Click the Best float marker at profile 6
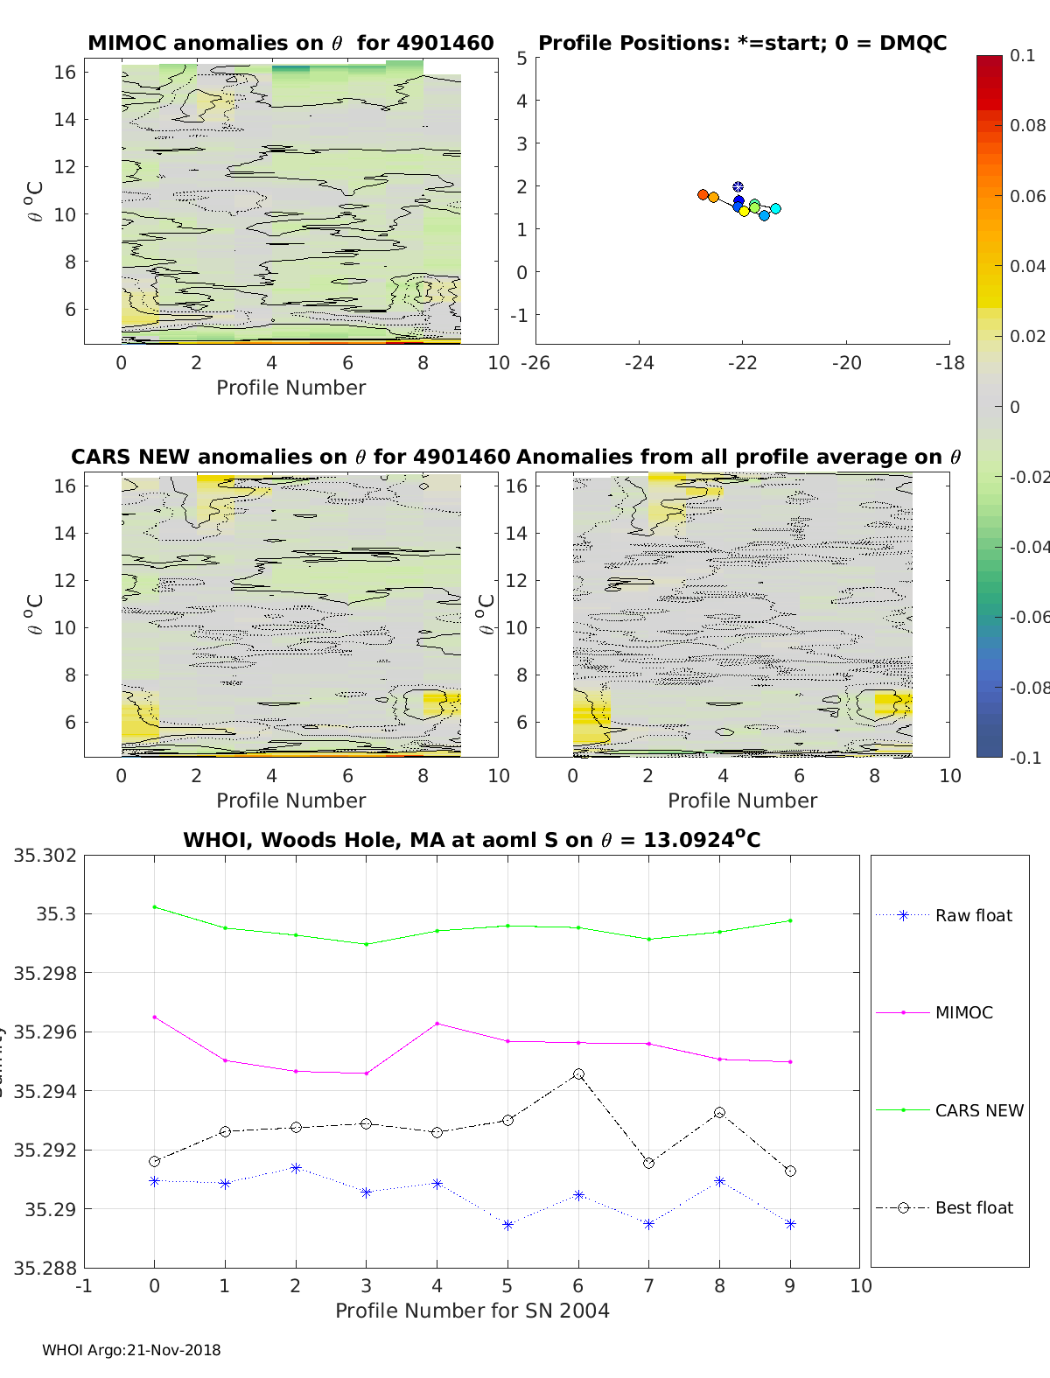pyautogui.click(x=578, y=1074)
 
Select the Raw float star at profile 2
pyautogui.click(x=296, y=1168)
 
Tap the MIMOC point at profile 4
pyautogui.click(x=437, y=1023)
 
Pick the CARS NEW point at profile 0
pyautogui.click(x=155, y=906)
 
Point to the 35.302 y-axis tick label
pyautogui.click(x=45, y=855)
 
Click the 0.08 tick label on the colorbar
pyautogui.click(x=1027, y=125)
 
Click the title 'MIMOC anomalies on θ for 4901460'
pyautogui.click(x=290, y=43)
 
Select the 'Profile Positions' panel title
pyautogui.click(x=742, y=43)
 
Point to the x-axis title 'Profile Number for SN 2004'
pyautogui.click(x=472, y=1311)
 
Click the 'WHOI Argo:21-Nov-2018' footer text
pyautogui.click(x=131, y=1350)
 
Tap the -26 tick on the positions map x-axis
pyautogui.click(x=535, y=362)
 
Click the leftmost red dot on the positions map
pyautogui.click(x=703, y=194)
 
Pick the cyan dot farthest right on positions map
pyautogui.click(x=775, y=208)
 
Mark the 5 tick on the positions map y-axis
pyautogui.click(x=521, y=58)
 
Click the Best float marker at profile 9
pyautogui.click(x=791, y=1171)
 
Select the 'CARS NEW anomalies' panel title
pyautogui.click(x=290, y=457)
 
